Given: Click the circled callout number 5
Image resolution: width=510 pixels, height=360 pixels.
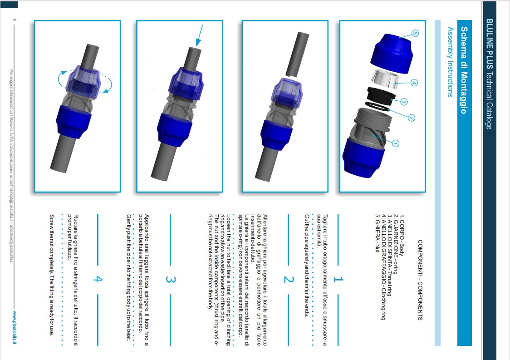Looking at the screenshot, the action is point(415,33).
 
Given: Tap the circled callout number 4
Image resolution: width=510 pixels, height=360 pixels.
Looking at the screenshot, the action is point(414,83).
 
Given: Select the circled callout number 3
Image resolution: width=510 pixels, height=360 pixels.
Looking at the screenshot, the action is point(404,102).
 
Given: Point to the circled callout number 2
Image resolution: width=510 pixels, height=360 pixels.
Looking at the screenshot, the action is point(411,118).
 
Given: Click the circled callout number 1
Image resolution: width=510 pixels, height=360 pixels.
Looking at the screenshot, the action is point(395,143).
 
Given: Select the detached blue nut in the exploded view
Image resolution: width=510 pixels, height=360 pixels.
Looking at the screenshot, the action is point(392,53).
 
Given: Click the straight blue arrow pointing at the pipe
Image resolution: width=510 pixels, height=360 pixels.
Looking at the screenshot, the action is point(199,36).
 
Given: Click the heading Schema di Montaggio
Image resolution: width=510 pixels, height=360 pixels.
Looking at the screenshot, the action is point(464,70).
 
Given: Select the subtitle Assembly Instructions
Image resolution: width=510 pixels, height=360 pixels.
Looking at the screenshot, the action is point(450,62).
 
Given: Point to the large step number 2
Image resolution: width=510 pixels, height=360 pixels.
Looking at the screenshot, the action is point(289,279).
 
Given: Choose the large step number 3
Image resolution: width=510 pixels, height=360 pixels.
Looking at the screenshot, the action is point(171,279).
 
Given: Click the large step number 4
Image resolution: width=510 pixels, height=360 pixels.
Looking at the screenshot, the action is point(98,279).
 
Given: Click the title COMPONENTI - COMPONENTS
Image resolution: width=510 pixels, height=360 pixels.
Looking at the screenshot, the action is point(420,280).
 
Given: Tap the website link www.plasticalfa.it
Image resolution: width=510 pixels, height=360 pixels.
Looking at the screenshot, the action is point(15,327).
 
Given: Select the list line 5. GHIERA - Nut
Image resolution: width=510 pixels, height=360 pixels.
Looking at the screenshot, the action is point(378,233).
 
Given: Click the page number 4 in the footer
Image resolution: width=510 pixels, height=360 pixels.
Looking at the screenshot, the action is point(15,20).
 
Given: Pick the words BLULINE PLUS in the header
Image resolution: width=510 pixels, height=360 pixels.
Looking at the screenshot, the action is point(489,44).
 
